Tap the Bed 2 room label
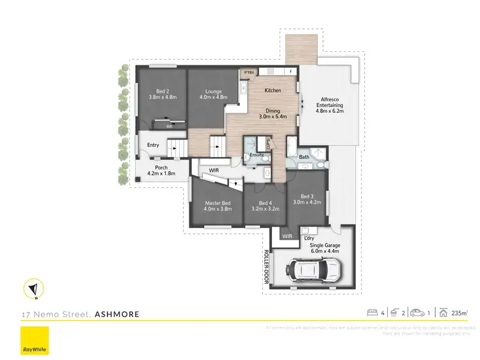(161, 94)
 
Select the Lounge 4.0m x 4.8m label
(212, 94)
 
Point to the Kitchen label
(273, 90)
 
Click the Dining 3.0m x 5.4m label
(273, 114)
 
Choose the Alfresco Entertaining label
(330, 105)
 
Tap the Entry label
(153, 145)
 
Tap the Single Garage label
(324, 248)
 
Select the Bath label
(304, 157)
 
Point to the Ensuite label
(257, 155)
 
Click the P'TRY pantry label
(248, 72)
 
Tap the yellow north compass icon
(32, 289)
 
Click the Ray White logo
(35, 341)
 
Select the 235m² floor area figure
(459, 313)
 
